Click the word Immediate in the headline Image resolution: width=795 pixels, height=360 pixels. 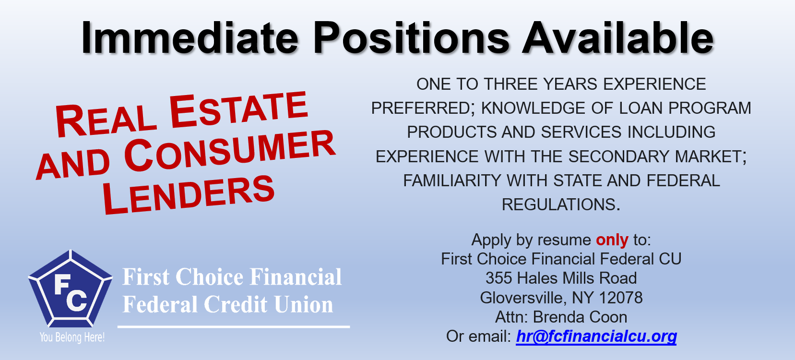coord(190,37)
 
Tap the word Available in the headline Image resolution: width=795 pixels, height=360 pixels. coord(618,37)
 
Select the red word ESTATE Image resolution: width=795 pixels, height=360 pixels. coord(238,109)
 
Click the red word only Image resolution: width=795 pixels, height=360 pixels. coord(612,240)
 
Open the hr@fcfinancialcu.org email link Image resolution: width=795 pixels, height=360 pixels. coord(596,336)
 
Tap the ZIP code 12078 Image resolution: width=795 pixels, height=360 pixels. coord(621,298)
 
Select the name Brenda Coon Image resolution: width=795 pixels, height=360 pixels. coord(580,317)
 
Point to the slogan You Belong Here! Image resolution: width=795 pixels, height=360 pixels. coord(72,337)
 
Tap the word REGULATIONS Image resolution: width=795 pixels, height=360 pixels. coord(561,204)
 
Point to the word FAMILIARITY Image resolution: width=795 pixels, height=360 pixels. coord(452,180)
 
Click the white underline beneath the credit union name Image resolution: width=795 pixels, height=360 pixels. coord(234,326)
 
